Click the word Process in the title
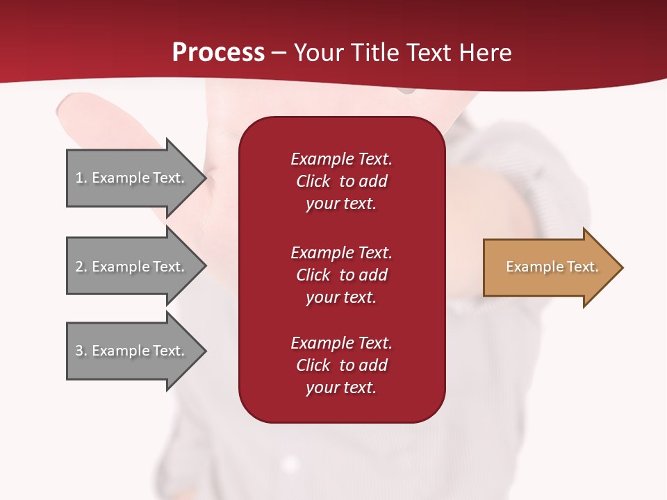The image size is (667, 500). click(x=218, y=53)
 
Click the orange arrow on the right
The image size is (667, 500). click(x=549, y=267)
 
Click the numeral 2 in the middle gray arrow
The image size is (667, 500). click(x=79, y=267)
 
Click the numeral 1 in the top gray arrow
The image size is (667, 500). click(x=79, y=178)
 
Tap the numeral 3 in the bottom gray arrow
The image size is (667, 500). click(x=79, y=351)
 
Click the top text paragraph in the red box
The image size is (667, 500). click(x=341, y=181)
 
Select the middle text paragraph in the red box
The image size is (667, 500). click(x=341, y=275)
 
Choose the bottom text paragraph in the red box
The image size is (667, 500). click(x=341, y=365)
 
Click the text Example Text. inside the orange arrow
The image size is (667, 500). click(x=552, y=267)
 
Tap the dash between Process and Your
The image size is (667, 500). click(x=279, y=53)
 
